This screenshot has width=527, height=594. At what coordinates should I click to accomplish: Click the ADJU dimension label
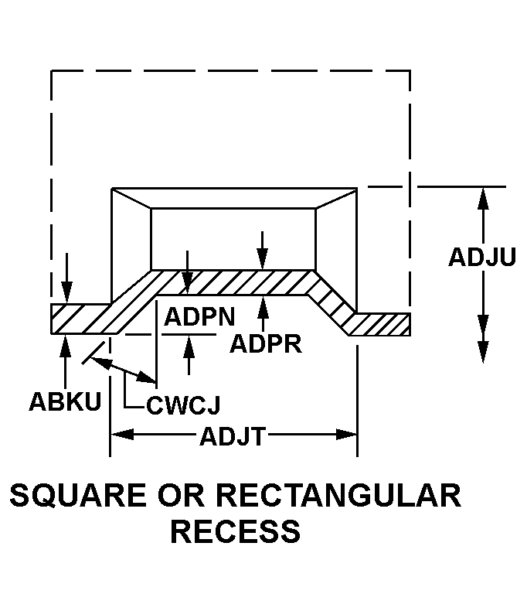click(x=481, y=258)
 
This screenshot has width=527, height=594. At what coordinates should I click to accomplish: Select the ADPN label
click(x=199, y=317)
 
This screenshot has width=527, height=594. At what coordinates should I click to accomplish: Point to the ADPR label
click(x=267, y=343)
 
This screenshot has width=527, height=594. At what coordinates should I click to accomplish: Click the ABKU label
click(x=65, y=401)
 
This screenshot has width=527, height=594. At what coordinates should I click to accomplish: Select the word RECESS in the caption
click(x=235, y=531)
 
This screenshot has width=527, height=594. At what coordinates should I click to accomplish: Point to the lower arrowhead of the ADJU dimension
click(x=483, y=351)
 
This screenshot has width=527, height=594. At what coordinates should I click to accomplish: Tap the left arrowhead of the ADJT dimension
click(x=121, y=435)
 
